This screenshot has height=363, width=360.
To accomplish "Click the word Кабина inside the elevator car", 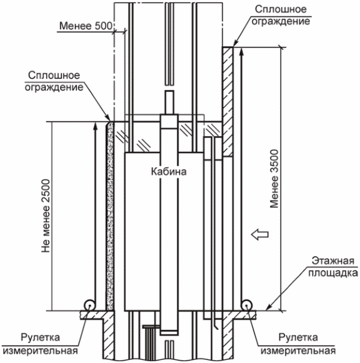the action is click(168, 172).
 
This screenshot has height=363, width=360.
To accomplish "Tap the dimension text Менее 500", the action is click(86, 26).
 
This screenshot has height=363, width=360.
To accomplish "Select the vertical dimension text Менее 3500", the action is click(274, 179).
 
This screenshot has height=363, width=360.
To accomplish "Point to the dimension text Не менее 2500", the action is click(46, 216).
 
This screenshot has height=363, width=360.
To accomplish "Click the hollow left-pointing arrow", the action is click(260, 234).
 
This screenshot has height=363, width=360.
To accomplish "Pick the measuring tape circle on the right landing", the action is click(246, 305).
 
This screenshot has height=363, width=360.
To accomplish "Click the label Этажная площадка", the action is click(333, 267).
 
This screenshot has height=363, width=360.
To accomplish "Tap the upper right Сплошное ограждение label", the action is click(281, 15).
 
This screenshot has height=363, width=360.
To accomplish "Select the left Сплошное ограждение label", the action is click(54, 81).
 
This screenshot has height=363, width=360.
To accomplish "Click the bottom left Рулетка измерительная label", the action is click(40, 344).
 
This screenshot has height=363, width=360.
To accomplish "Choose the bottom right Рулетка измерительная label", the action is click(298, 344).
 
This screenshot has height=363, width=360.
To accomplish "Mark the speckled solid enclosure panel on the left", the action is click(110, 216).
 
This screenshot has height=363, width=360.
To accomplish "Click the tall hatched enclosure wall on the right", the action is click(228, 102).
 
